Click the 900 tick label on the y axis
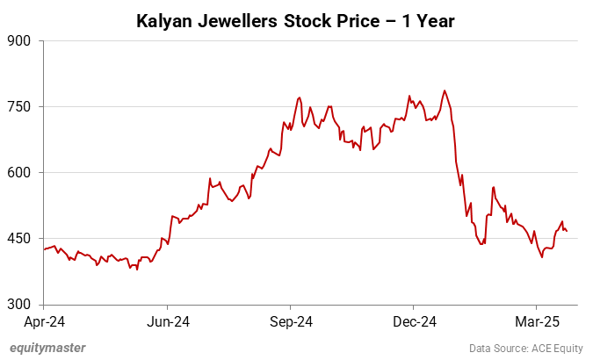click(18, 40)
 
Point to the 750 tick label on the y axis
click(18, 106)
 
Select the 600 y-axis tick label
click(18, 172)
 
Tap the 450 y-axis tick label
click(18, 238)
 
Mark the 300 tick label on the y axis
click(18, 305)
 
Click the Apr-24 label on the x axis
click(44, 320)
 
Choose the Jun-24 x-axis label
click(168, 320)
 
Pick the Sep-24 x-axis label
click(292, 320)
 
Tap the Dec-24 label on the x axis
click(415, 320)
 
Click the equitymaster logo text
click(47, 348)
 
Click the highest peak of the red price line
click(445, 90)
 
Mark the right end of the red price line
click(567, 231)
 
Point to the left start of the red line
click(44, 249)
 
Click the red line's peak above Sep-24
click(300, 97)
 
